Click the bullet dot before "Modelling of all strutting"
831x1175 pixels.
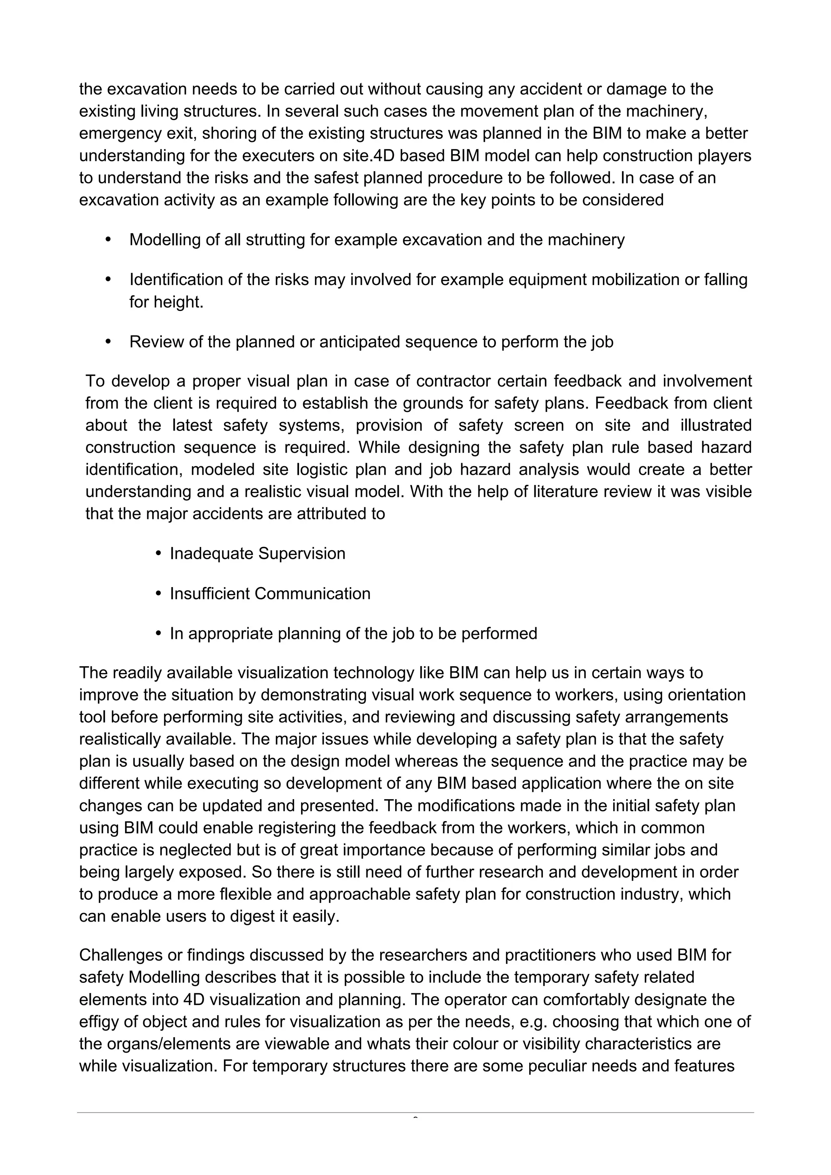click(108, 240)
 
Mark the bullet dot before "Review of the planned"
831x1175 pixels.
click(108, 341)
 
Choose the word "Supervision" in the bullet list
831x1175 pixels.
click(301, 554)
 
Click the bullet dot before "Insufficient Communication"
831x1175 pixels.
click(159, 594)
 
